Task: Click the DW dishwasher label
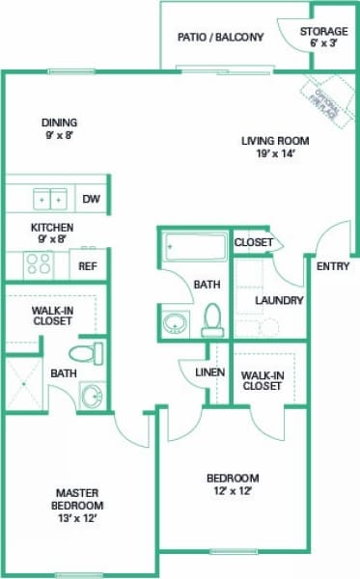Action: point(91,200)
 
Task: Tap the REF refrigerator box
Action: point(88,265)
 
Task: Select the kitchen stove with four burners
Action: point(40,263)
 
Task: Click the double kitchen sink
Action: point(50,199)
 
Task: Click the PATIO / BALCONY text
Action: point(220,38)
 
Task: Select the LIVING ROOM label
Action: point(273,147)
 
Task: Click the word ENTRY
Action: point(333,266)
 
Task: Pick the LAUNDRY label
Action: point(280,300)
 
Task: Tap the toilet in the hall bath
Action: point(212,319)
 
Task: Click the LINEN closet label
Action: point(209,372)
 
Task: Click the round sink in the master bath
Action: point(92,396)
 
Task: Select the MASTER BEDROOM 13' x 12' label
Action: point(78,505)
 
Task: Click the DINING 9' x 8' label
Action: point(59,129)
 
